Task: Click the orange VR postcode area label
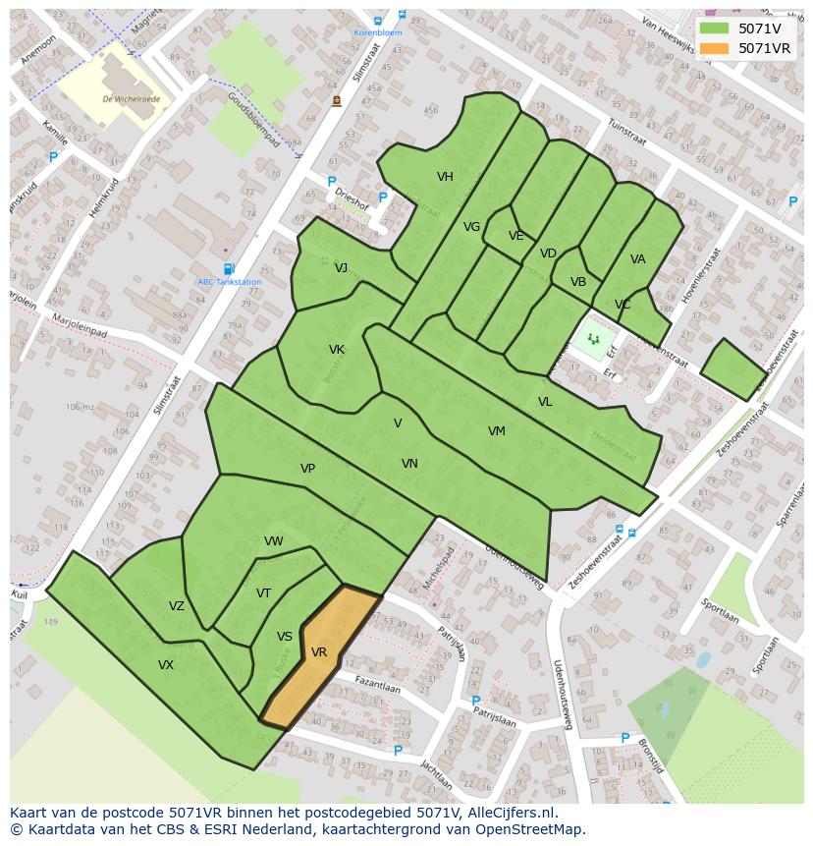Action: [319, 652]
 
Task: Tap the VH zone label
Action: [445, 177]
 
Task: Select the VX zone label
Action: [166, 665]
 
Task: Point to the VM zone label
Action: [497, 431]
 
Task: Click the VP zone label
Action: [307, 469]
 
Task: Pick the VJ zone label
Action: [341, 268]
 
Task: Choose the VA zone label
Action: [638, 259]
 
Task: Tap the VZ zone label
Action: [176, 606]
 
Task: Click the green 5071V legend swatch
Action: [714, 28]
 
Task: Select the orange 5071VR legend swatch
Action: [714, 48]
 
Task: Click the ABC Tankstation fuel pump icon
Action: [229, 269]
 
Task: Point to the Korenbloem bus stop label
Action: [378, 32]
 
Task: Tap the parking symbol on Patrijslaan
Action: [476, 702]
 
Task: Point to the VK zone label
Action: [337, 350]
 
